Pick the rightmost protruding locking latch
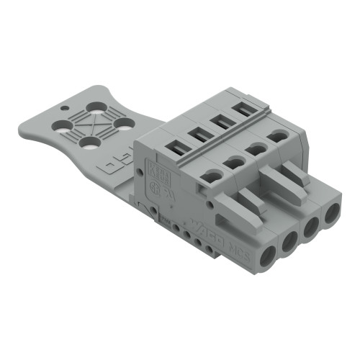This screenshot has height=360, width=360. tap(295, 173)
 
